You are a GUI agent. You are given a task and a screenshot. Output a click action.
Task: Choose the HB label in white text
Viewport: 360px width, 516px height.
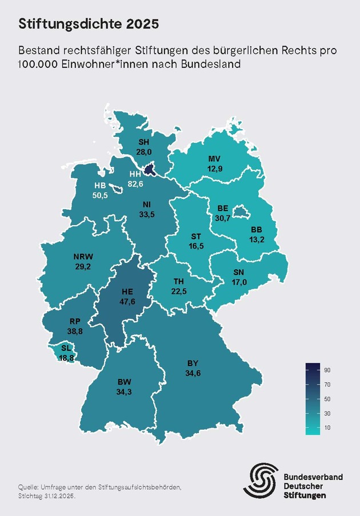point(101,186)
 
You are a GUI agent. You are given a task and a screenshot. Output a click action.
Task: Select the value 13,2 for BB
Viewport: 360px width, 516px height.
point(256,239)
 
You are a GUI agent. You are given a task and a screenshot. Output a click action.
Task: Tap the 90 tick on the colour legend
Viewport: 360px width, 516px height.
point(327,370)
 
